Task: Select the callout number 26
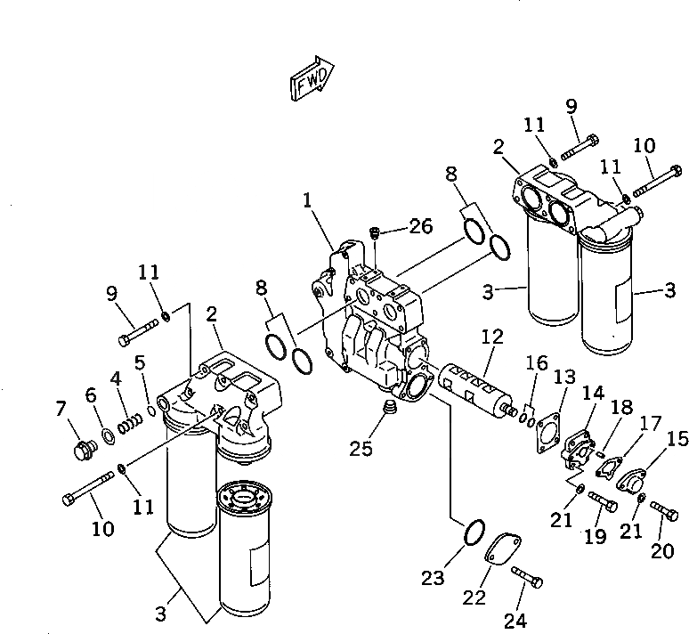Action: [420, 226]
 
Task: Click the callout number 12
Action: [492, 337]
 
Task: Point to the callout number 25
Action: [361, 449]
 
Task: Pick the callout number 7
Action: [61, 409]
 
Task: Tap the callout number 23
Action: [433, 579]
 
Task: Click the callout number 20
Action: [661, 551]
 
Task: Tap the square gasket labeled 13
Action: [547, 426]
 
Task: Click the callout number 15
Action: [677, 438]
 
